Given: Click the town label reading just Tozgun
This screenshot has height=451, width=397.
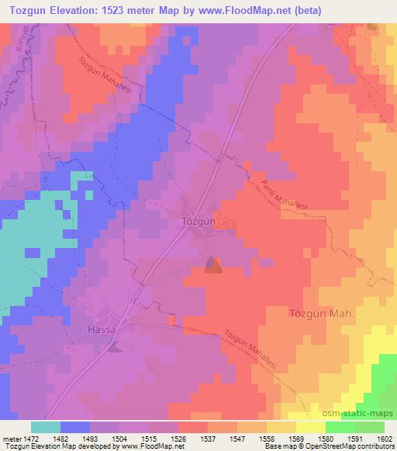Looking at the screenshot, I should (197, 221).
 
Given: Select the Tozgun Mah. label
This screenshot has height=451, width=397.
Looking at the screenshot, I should (321, 314).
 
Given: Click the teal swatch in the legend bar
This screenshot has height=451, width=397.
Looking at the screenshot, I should (46, 427).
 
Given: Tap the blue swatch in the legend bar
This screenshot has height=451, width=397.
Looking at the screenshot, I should (75, 427).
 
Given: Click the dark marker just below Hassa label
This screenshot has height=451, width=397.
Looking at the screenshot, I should (115, 346).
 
